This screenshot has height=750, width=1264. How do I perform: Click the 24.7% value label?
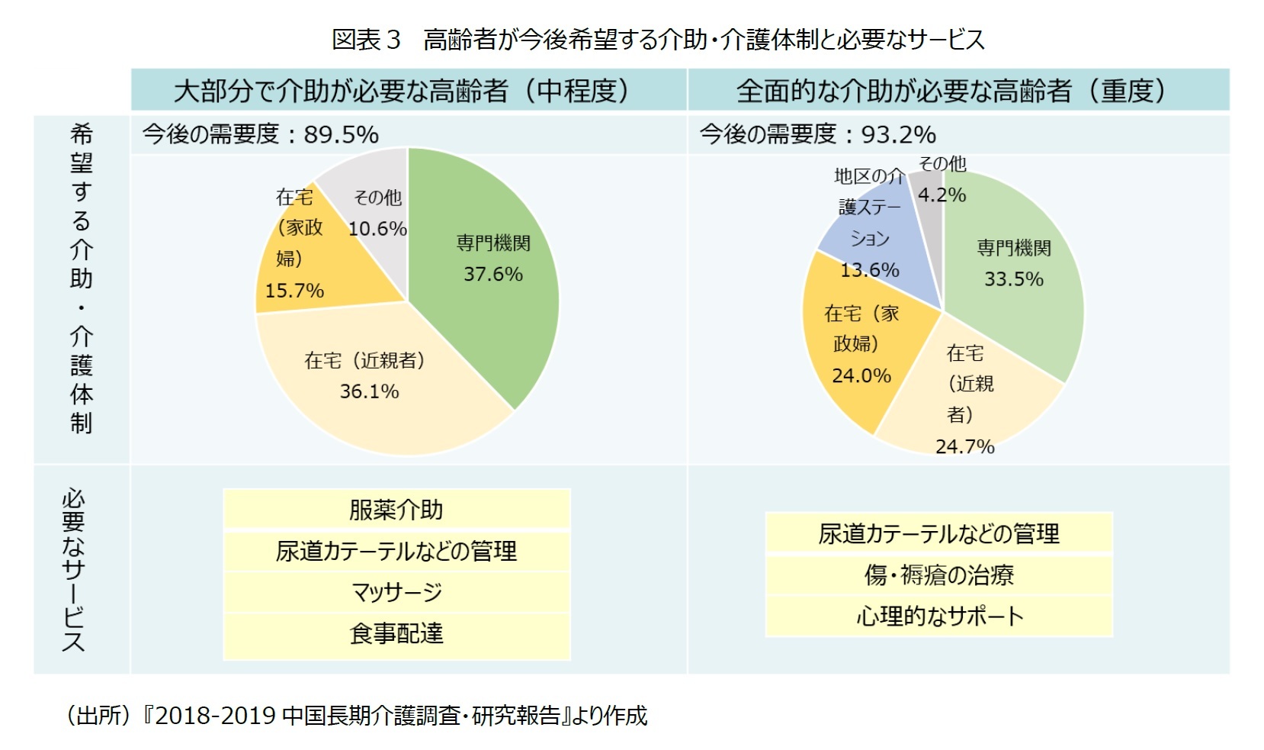[964, 446]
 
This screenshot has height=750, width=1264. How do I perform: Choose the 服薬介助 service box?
[396, 510]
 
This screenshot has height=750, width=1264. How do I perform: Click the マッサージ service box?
[396, 592]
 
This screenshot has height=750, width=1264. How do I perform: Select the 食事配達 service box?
[396, 633]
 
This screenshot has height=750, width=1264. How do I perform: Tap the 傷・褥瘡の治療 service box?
[938, 575]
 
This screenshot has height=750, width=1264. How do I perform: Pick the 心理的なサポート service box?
[938, 616]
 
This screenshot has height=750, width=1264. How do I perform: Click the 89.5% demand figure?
[341, 135]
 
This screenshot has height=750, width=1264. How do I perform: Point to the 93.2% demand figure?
[898, 135]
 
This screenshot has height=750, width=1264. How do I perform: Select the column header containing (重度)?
[958, 91]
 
